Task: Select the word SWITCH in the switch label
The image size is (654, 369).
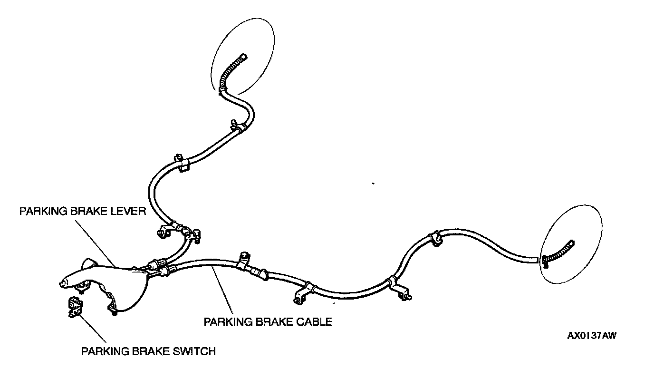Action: point(195,352)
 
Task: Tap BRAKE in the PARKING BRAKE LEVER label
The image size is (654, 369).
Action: point(89,212)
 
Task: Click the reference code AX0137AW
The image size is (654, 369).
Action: point(592,336)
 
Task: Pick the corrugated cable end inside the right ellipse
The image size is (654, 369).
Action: point(561,252)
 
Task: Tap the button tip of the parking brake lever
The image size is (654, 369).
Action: point(61,285)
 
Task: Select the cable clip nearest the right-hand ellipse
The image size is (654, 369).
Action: point(434,238)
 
